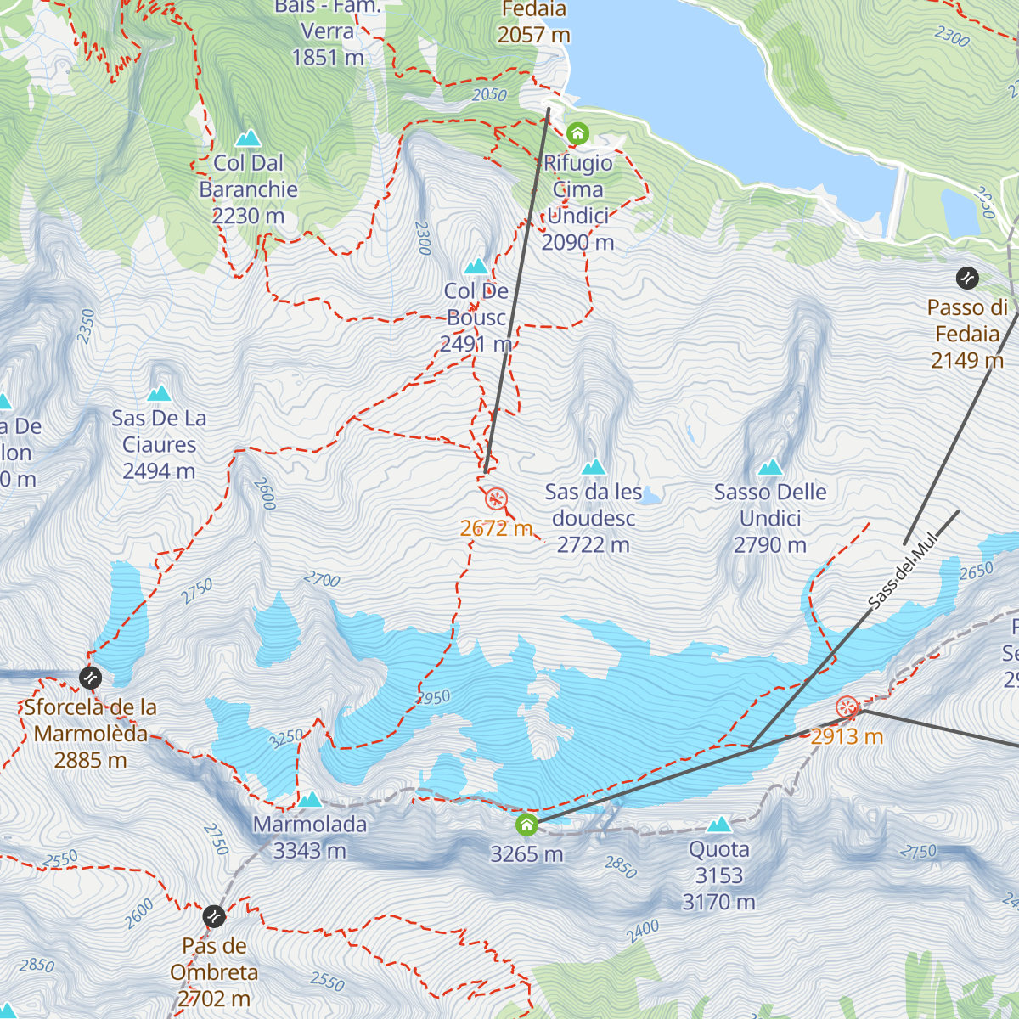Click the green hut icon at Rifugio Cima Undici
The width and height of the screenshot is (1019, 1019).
(577, 133)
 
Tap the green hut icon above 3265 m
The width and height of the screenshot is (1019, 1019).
(526, 825)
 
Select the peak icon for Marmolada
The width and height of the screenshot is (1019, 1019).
(310, 800)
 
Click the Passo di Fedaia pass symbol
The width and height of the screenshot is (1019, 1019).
(967, 278)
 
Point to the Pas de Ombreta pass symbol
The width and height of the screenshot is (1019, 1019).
(214, 917)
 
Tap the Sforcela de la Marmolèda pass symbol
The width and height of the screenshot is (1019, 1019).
(90, 678)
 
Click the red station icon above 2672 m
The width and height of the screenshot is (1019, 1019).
(496, 498)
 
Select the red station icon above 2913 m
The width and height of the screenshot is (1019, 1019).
(847, 707)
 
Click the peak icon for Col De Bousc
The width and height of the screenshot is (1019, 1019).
(476, 267)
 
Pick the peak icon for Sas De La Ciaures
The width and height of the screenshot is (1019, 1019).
(159, 394)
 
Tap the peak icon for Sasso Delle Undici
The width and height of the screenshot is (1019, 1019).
(770, 468)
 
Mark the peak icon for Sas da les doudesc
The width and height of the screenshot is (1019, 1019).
(594, 468)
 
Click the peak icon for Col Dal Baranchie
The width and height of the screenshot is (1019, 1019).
(248, 138)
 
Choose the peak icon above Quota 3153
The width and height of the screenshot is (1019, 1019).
(719, 825)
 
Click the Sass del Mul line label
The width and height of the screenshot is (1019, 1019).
(904, 571)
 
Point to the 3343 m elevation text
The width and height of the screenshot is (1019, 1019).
(310, 850)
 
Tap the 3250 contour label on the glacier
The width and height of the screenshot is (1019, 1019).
(286, 738)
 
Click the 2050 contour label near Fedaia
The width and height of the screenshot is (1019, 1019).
(489, 95)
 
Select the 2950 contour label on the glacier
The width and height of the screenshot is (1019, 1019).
(434, 698)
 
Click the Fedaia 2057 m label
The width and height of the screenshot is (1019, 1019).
(533, 23)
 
